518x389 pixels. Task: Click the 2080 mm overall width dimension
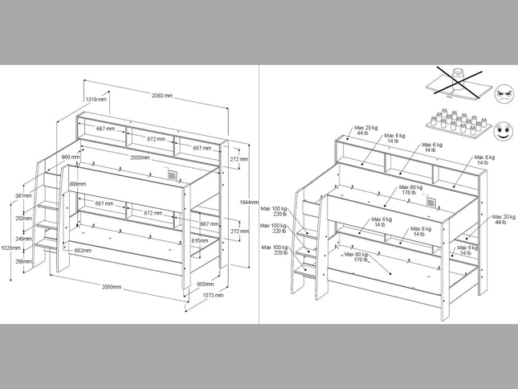[x=162, y=96]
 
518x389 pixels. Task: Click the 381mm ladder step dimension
[x=23, y=195]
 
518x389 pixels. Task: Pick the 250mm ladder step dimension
[x=24, y=218]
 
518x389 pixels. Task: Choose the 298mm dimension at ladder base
[x=24, y=260]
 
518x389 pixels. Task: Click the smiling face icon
[x=503, y=129]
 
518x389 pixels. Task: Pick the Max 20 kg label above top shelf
[x=365, y=130]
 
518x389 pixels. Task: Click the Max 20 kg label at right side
[x=504, y=219]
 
